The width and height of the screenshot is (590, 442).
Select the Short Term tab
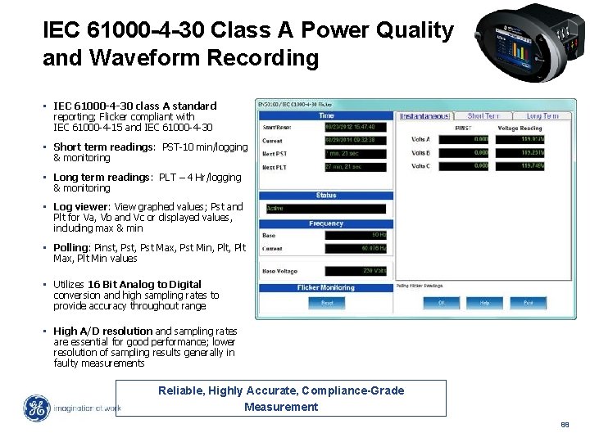483,116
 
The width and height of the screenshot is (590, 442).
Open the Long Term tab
542,116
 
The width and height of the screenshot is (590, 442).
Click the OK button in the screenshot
441,302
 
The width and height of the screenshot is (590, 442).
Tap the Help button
484,302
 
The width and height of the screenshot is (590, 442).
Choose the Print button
528,302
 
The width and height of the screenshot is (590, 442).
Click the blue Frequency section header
325,223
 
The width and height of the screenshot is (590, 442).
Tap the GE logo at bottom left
36,408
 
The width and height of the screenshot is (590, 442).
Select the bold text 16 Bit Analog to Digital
144,284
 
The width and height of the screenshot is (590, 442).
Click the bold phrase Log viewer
80,207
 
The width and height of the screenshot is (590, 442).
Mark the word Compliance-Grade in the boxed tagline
354,390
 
